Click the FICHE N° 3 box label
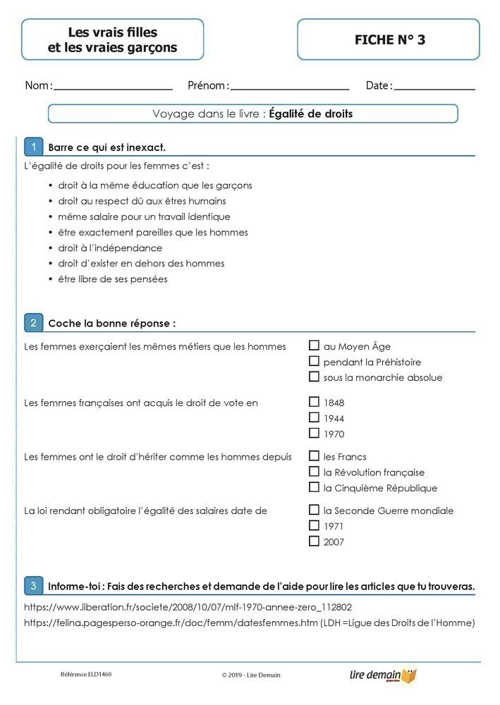pos(389,39)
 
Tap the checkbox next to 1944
pos(314,418)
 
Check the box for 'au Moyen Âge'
pos(314,345)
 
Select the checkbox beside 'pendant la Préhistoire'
pos(314,362)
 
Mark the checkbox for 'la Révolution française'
pos(314,472)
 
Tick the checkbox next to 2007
pos(314,541)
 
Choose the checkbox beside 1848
pos(314,402)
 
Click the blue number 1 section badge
pos(33,147)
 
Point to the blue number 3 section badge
pos(33,585)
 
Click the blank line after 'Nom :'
pos(113,88)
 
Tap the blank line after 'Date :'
pos(434,88)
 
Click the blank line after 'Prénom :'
pos(289,88)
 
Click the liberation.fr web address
pos(188,607)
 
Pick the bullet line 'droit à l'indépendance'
pos(110,248)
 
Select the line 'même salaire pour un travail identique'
pos(144,216)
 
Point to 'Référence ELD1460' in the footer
pos(86,675)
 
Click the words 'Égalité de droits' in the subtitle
pos(310,114)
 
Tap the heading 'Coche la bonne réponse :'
pos(111,324)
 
